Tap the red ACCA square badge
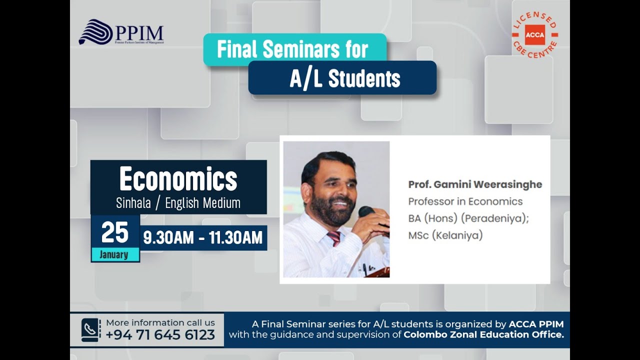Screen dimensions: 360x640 (x=534, y=35)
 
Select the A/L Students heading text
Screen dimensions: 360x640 (x=345, y=78)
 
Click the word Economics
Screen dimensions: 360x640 (x=178, y=179)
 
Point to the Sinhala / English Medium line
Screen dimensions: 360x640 (x=178, y=203)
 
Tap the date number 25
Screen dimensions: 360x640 (x=115, y=232)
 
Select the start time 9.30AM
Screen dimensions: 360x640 (x=168, y=238)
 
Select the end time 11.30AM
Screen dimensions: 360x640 (x=235, y=238)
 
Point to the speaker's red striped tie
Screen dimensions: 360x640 (x=333, y=238)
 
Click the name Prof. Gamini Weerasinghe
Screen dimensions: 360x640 (x=475, y=184)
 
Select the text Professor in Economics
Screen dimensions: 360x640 (x=465, y=201)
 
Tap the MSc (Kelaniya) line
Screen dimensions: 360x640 (x=445, y=235)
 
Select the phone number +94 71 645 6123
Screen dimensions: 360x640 (x=160, y=334)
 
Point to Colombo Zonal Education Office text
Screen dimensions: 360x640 (x=483, y=334)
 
